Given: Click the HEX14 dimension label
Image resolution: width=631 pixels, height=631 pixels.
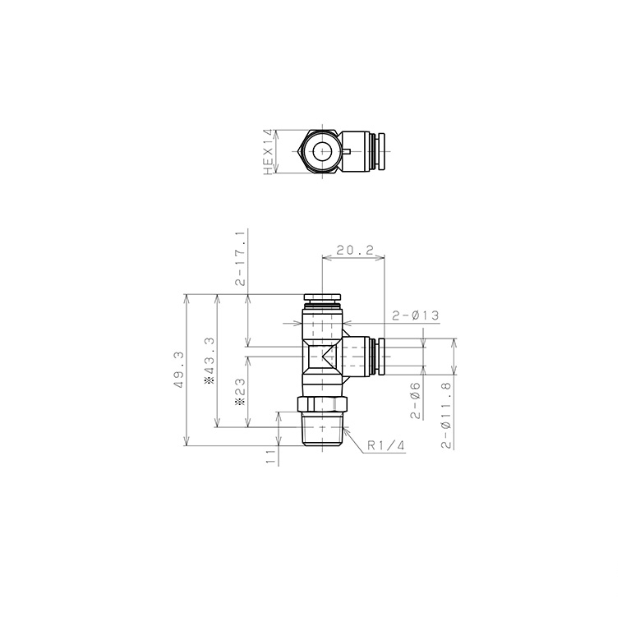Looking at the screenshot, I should point(267,152).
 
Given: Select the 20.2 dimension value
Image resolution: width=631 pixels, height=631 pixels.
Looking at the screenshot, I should point(353,249).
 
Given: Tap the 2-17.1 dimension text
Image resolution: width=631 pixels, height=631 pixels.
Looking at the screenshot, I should point(241,258).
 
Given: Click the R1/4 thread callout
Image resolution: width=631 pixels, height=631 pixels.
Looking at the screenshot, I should point(385,445).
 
